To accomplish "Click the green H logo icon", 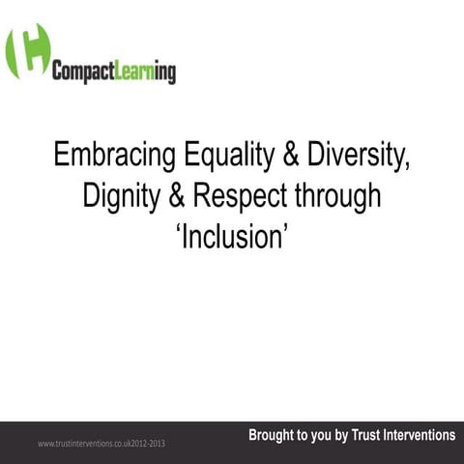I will pyautogui.click(x=27, y=51).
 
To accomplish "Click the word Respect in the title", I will pyautogui.click(x=237, y=196).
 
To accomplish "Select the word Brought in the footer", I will pyautogui.click(x=275, y=436).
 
